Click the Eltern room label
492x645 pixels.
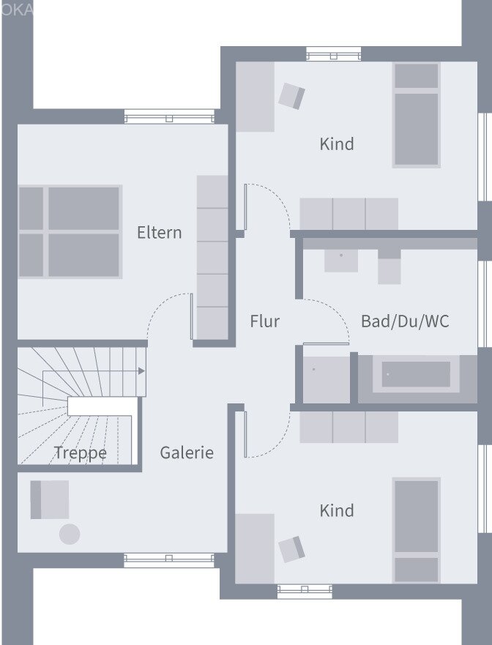[x=159, y=233]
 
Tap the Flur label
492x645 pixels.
[x=264, y=321]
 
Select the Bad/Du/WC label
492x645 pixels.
[x=405, y=321]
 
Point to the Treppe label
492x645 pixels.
[x=80, y=453]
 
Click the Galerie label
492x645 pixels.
[x=187, y=452]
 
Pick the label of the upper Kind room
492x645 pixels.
[x=337, y=144]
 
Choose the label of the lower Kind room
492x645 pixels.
[x=337, y=510]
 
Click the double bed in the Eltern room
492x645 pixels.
[x=70, y=231]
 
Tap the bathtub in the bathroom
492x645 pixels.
[x=415, y=375]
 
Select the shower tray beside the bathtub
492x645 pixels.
[x=326, y=379]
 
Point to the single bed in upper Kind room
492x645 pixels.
[x=416, y=115]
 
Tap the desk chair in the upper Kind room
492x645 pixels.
[x=291, y=95]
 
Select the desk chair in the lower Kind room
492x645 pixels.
[x=291, y=548]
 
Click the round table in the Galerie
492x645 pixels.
[x=70, y=534]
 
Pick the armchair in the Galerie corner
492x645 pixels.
[x=50, y=499]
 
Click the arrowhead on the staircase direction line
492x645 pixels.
[x=141, y=371]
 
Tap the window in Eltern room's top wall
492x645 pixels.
[x=169, y=116]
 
